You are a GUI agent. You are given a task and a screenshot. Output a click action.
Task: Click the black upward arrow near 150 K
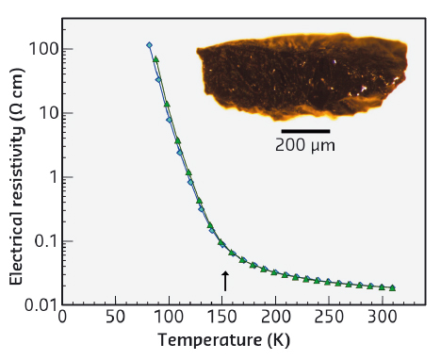click(224, 280)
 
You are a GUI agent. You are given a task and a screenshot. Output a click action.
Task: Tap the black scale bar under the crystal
click(305, 131)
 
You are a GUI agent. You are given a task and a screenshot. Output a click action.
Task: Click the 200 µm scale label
click(305, 146)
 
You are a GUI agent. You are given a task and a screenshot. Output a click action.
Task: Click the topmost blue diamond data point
click(149, 45)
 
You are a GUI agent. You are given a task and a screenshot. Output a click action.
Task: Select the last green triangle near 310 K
click(392, 287)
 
